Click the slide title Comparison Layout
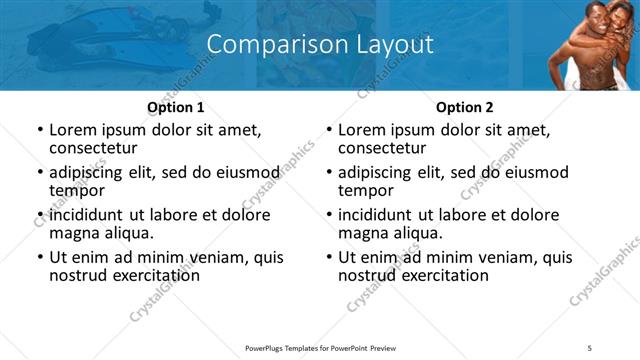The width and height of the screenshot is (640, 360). pos(320,45)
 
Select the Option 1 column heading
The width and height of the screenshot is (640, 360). pos(176,107)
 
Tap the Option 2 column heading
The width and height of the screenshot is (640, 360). pos(465,107)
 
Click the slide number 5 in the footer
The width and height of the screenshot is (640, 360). pos(590,347)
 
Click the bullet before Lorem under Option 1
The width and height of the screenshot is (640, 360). pos(39,130)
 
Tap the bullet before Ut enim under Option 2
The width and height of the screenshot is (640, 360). pos(328,257)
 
